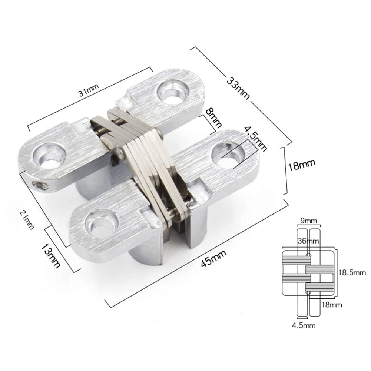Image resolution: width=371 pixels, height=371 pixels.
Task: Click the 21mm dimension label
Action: tap(29, 219)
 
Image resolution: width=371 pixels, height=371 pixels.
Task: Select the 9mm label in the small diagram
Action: tap(309, 221)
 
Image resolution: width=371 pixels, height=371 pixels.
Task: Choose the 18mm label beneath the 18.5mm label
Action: tap(331, 304)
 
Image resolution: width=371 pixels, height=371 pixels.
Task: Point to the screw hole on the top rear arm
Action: tap(172, 90)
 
